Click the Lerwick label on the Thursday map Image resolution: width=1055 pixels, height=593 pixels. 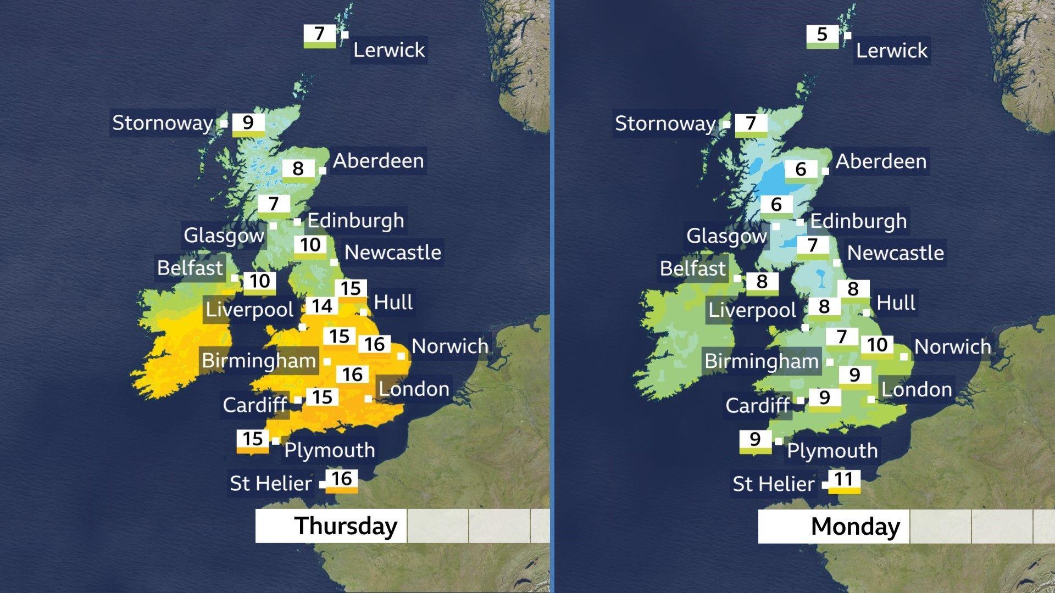tap(388, 51)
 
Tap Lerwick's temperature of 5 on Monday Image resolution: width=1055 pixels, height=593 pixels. tap(822, 35)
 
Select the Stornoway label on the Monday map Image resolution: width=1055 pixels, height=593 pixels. tap(665, 124)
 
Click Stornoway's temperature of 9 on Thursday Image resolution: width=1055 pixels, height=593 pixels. tap(248, 124)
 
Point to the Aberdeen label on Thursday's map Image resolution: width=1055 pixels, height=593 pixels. tap(378, 161)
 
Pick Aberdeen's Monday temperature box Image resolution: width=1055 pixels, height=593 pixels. tap(801, 169)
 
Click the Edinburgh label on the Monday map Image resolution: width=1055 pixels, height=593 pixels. tap(858, 221)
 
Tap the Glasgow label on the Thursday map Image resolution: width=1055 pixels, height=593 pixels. tap(224, 236)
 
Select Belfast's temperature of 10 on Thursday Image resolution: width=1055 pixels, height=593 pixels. tap(259, 282)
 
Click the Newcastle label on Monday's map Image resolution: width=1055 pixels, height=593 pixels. tap(895, 253)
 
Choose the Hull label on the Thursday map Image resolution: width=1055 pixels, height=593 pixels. tap(393, 303)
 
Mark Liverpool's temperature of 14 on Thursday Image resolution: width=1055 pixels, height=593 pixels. tap(322, 306)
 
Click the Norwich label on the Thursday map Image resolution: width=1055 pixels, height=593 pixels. tap(449, 346)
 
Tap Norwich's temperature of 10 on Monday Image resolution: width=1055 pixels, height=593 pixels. tap(877, 345)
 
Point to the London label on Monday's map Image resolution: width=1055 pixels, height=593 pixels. tap(917, 390)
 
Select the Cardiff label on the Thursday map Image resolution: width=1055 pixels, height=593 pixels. tap(254, 405)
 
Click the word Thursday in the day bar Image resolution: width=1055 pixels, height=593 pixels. tap(346, 526)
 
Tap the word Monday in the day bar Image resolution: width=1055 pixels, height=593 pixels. tap(855, 527)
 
